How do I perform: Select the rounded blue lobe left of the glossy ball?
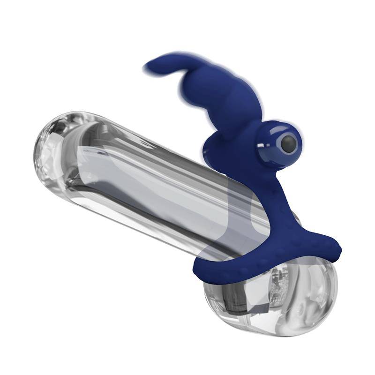(213, 150)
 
